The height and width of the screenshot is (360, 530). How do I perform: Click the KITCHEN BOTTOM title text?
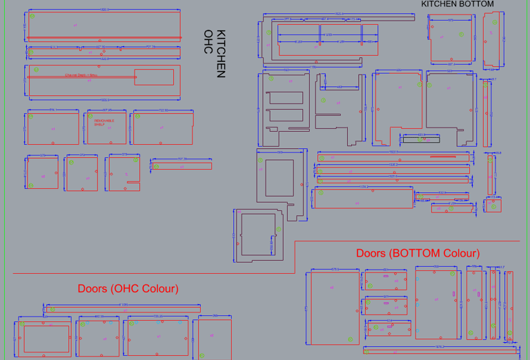click(458, 4)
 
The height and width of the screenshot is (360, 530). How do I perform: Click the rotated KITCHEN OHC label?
click(216, 53)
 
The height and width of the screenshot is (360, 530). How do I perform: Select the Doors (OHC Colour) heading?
click(128, 288)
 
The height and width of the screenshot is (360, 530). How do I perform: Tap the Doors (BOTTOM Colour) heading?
click(418, 253)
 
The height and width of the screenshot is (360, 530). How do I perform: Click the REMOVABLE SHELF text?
click(104, 122)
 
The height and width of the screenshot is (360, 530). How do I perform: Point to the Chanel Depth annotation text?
click(81, 75)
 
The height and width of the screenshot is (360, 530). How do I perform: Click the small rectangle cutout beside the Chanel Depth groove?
click(154, 77)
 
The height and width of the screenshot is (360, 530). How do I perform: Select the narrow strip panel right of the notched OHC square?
click(181, 166)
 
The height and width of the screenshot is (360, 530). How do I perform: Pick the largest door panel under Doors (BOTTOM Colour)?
click(333, 307)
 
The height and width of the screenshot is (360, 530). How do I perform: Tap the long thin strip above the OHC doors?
click(123, 308)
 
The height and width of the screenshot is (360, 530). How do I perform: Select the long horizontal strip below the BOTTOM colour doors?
click(442, 350)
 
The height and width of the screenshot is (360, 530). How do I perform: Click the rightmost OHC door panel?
click(212, 338)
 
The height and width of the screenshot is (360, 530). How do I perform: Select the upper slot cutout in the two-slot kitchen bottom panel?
click(285, 98)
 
